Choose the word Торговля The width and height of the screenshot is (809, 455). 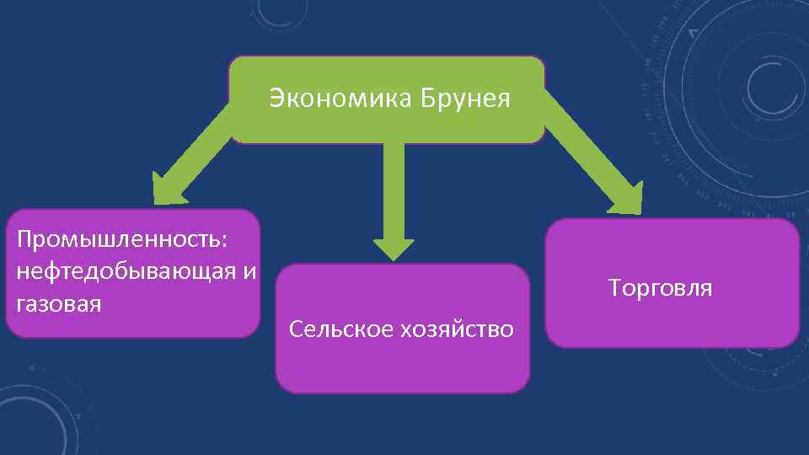point(660,288)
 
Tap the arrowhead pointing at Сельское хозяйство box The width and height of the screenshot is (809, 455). point(394,249)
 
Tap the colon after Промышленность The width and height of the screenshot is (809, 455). point(223,241)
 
